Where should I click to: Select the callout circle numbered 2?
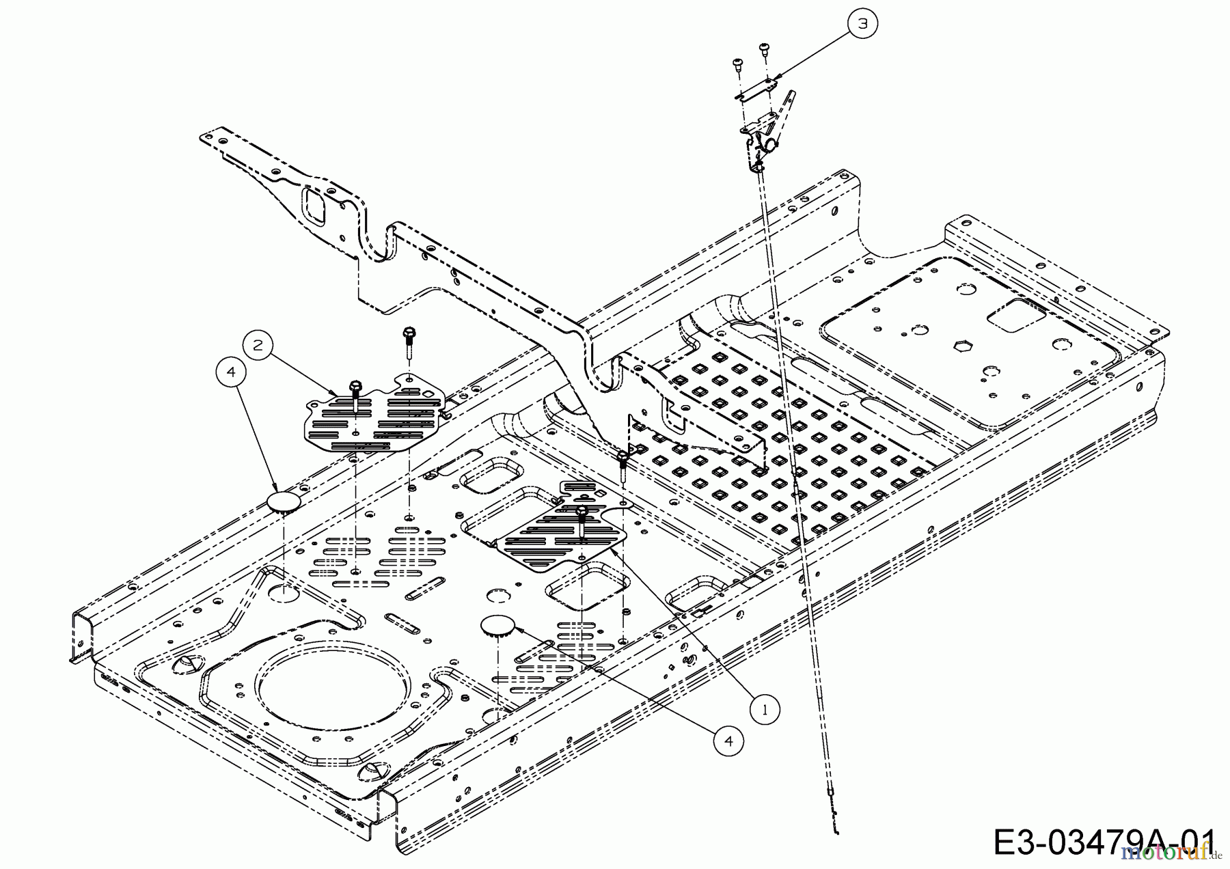tap(258, 345)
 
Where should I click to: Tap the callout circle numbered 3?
tap(863, 23)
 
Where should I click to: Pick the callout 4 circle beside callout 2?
tap(231, 372)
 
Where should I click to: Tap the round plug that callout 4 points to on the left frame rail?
tap(282, 502)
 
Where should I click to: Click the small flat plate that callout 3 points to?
tap(756, 88)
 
